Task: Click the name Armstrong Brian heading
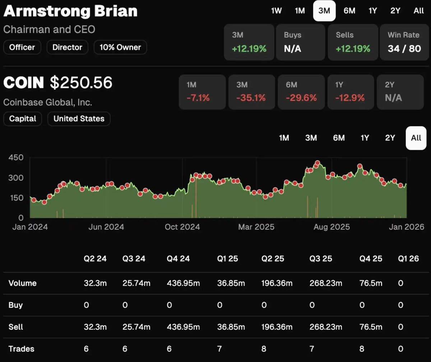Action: pos(70,12)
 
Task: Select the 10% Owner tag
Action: pos(120,47)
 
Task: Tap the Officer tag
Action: pos(22,47)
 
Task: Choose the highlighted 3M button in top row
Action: pos(324,11)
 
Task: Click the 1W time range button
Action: pos(276,11)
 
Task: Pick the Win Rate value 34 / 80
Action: pos(404,49)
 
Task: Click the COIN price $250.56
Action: pos(81,83)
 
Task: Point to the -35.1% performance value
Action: pos(251,98)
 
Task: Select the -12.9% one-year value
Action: pos(350,98)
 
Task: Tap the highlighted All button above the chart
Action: pos(416,138)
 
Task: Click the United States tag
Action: pos(79,119)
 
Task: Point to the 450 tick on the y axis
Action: pos(16,158)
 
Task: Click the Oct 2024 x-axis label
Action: pos(182,227)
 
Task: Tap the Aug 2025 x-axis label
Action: pos(332,227)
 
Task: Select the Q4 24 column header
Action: pos(178,259)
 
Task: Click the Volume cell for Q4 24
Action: pos(183,283)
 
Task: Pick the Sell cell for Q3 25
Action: pos(324,327)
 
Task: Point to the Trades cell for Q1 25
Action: pos(219,349)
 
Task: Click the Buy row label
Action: pos(15,305)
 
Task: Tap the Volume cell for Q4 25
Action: pos(371,283)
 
